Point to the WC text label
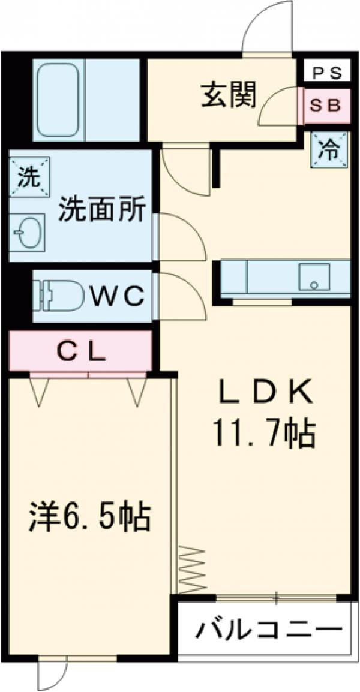click(118, 295)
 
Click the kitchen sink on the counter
click(312, 278)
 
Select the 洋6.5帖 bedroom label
click(90, 517)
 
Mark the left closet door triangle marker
click(40, 391)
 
